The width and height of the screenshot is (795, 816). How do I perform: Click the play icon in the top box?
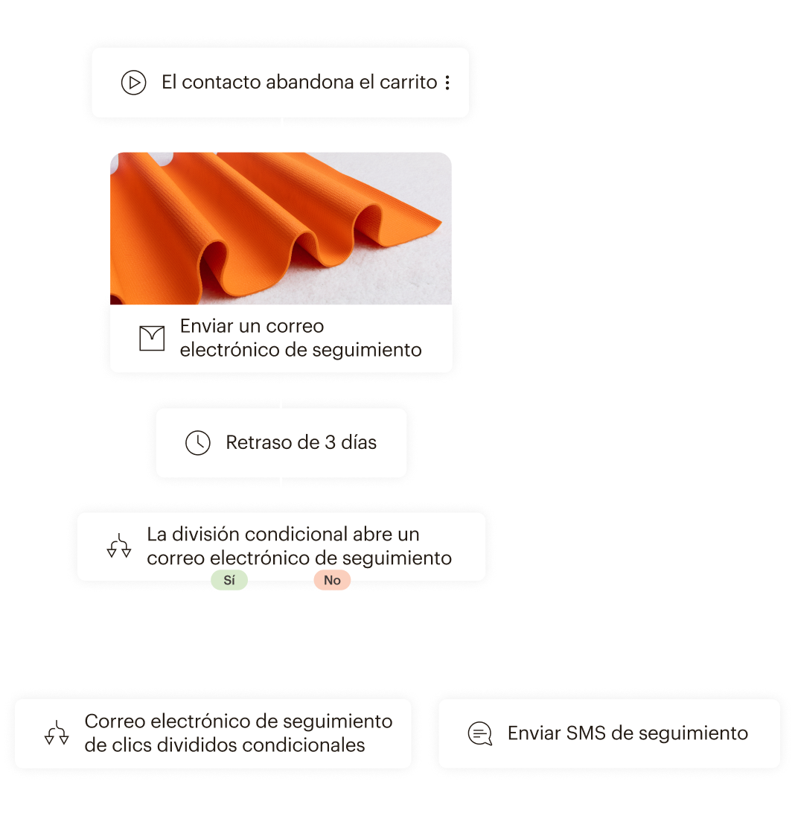[x=134, y=83]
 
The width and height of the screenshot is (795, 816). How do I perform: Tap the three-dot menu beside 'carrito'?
[x=447, y=83]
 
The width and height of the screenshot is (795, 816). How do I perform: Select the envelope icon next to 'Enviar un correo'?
[x=152, y=338]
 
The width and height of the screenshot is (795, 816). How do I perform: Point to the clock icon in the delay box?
[x=197, y=443]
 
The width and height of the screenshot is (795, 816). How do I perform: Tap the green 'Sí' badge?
[x=229, y=581]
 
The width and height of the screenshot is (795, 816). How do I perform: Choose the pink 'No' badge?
[x=332, y=581]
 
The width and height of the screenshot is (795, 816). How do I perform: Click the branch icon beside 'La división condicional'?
[x=119, y=546]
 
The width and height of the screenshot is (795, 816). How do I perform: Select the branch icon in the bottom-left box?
[x=57, y=733]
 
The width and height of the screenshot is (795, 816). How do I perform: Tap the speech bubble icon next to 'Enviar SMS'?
[x=480, y=733]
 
